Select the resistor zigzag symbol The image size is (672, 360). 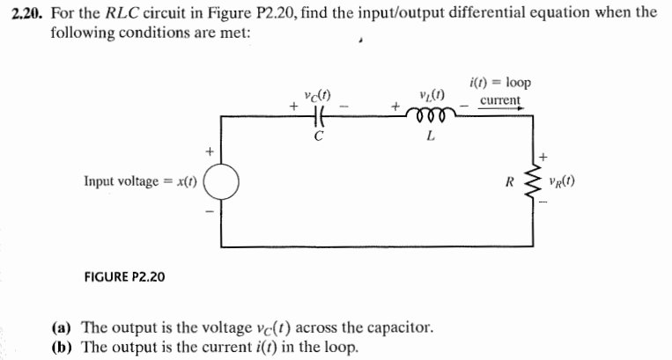click(x=531, y=183)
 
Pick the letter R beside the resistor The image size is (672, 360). click(x=509, y=183)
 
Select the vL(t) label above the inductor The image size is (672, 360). click(x=432, y=95)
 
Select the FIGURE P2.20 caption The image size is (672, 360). click(x=124, y=276)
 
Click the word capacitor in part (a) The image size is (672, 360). click(x=399, y=327)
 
